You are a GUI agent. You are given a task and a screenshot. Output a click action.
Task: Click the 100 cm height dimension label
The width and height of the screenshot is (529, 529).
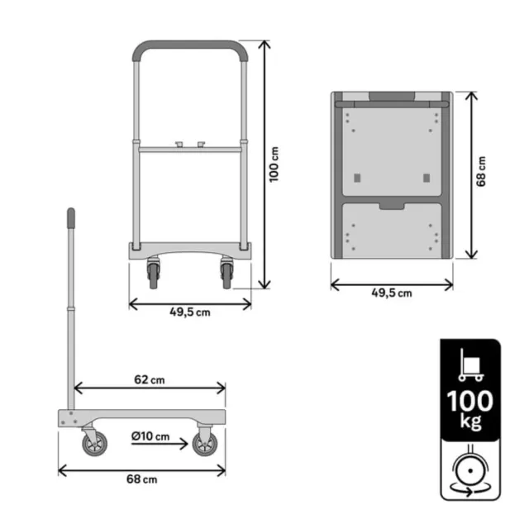[x=276, y=165]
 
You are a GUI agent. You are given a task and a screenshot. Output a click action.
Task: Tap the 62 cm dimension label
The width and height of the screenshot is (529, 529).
[x=150, y=379]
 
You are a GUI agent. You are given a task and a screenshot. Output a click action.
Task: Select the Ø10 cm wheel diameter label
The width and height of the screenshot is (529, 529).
[x=150, y=436]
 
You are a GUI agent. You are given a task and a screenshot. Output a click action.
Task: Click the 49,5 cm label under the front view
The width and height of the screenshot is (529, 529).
[x=190, y=312]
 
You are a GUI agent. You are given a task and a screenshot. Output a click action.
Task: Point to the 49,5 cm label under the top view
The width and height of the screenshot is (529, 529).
[x=392, y=293]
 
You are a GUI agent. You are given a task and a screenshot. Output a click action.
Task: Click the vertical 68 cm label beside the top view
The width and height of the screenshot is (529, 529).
[x=482, y=175]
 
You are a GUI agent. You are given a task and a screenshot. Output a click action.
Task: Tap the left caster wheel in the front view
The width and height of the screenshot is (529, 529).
[x=153, y=273]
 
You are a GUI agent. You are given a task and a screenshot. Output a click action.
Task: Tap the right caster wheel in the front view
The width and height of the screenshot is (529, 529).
[x=226, y=273]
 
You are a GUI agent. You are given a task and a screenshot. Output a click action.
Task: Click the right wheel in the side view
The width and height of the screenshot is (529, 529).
[x=204, y=445]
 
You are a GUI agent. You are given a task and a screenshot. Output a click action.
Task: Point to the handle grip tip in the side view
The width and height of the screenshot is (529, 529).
[x=71, y=217]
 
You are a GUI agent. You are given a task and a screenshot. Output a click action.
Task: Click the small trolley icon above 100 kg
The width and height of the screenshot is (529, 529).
[x=469, y=364]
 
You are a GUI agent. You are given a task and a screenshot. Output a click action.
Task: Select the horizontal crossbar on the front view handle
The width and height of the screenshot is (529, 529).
[x=189, y=150]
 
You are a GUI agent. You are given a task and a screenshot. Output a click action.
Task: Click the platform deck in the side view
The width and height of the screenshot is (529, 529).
[x=141, y=418]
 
